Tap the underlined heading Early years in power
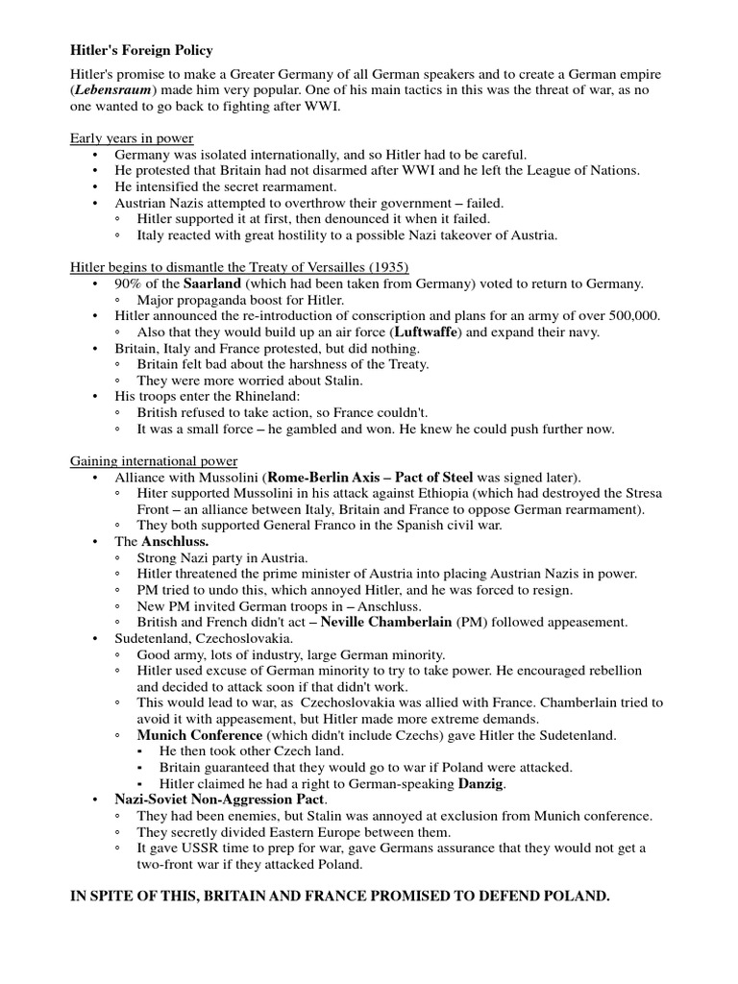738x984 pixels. [132, 137]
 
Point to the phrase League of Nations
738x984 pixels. [584, 170]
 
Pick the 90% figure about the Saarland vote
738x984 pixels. [129, 283]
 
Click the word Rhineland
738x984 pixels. [265, 397]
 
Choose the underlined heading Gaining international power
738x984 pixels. [154, 461]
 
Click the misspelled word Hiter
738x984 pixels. [154, 494]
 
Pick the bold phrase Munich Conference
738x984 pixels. [197, 735]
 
